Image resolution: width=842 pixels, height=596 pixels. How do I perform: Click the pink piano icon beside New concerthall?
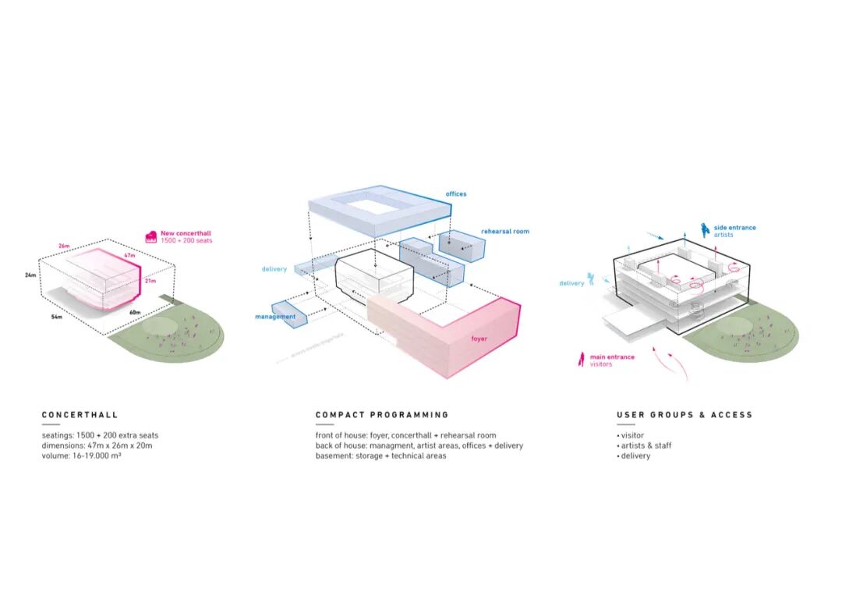pos(151,236)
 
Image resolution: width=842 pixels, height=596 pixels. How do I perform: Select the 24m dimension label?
pos(30,275)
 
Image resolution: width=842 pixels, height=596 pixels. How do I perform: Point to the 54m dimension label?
pos(57,318)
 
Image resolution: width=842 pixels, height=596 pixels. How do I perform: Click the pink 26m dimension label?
pos(64,245)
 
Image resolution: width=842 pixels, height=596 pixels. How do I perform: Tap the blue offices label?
pos(456,193)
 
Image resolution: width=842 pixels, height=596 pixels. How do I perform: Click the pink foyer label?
pos(479,339)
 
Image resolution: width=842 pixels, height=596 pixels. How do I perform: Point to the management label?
pos(275,317)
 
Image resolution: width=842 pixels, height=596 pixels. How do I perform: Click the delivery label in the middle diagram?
pos(274,269)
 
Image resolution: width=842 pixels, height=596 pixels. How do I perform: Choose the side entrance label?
pos(734,228)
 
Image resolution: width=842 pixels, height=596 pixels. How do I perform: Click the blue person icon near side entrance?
pos(704,229)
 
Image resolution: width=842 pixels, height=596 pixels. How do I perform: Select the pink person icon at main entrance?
pos(581,360)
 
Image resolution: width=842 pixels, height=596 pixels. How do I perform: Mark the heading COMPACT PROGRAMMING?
pos(382,415)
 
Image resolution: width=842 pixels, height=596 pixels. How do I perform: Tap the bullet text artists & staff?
pos(644,445)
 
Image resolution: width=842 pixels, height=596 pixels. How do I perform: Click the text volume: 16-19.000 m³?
pos(81,456)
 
